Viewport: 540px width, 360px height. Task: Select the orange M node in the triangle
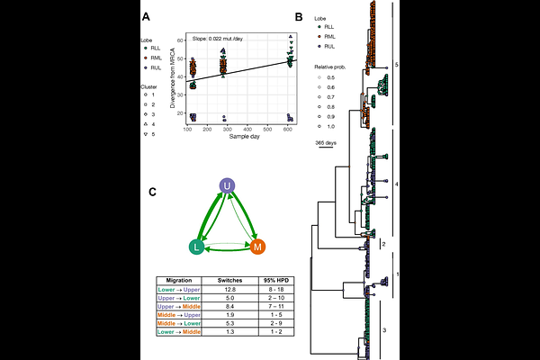tap(258, 247)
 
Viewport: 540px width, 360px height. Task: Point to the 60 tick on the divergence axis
tap(181, 40)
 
